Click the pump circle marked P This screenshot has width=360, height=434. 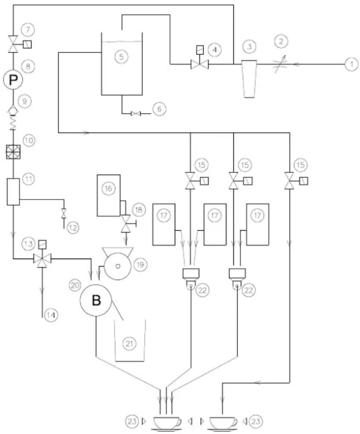13,80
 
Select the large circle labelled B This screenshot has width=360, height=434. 95,300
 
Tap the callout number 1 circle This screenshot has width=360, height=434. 351,64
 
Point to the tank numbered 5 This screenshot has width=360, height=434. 122,64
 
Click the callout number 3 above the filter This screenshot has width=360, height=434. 249,46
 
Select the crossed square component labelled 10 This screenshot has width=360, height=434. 13,152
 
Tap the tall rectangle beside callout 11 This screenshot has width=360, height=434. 13,192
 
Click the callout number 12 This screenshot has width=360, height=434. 73,227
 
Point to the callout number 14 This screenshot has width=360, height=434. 51,315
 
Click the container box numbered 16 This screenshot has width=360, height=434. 109,195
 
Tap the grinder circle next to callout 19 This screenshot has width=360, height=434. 118,266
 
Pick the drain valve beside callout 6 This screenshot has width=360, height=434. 136,113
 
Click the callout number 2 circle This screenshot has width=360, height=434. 281,41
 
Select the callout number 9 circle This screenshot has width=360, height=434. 25,101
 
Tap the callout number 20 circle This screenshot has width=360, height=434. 75,286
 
